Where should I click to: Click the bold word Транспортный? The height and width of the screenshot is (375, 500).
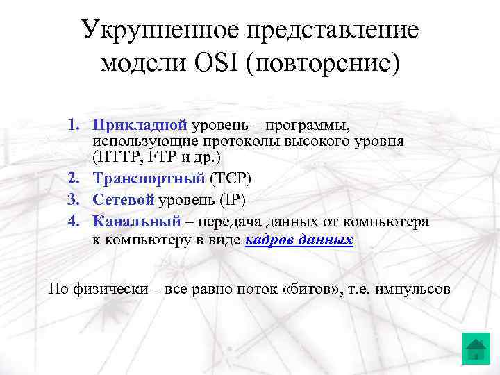coord(149,178)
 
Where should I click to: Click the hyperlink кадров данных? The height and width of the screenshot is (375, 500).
coord(299,240)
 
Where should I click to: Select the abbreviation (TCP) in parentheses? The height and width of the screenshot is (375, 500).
coord(231,178)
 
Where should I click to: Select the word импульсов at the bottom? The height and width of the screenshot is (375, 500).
coord(412,289)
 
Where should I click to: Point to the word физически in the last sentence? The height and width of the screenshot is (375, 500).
coord(108,289)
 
